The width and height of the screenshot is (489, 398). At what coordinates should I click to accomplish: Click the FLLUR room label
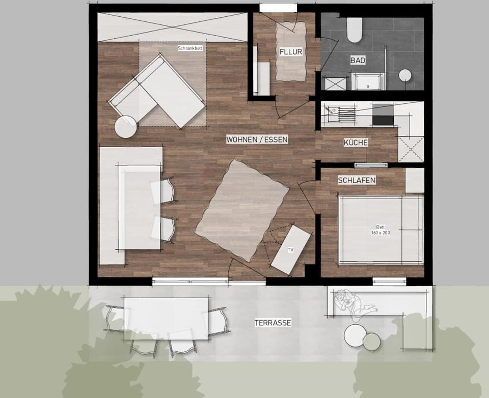point(291,52)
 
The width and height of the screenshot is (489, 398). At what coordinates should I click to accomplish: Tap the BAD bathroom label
point(358,60)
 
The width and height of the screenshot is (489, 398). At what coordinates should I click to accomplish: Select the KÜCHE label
point(356,143)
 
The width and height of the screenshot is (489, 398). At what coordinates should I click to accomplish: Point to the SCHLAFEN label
point(357,180)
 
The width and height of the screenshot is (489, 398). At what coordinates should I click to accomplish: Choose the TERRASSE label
point(273,323)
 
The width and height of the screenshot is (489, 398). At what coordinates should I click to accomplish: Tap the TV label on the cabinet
point(290,250)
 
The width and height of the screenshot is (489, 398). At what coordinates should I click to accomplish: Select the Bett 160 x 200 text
point(380,230)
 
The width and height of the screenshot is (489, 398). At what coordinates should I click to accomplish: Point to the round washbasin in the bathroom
point(405,75)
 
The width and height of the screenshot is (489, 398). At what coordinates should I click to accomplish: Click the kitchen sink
point(333,111)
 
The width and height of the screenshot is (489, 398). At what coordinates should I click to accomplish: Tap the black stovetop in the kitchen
point(384,114)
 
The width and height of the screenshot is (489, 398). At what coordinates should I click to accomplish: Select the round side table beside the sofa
point(126,127)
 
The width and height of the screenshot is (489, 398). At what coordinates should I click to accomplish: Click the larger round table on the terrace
point(355,335)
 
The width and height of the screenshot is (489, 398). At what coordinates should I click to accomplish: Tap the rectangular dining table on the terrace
point(166,318)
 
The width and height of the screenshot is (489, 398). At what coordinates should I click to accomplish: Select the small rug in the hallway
point(291,52)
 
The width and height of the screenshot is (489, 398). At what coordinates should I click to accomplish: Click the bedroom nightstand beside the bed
point(414,180)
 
